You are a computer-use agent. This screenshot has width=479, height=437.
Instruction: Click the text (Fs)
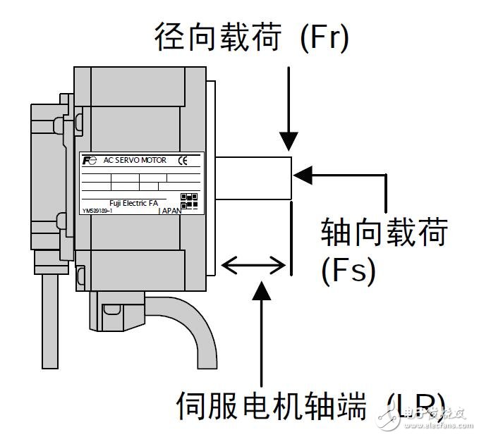(x=348, y=270)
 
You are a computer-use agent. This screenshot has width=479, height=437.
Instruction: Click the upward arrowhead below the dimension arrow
(x=262, y=289)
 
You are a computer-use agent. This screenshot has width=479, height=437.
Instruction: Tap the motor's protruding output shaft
(x=254, y=176)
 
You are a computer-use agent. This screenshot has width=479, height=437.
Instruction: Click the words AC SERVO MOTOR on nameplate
(x=135, y=161)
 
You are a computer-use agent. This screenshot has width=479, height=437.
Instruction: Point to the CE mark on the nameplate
(x=183, y=161)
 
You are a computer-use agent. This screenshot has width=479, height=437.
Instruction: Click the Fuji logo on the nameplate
(x=89, y=161)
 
